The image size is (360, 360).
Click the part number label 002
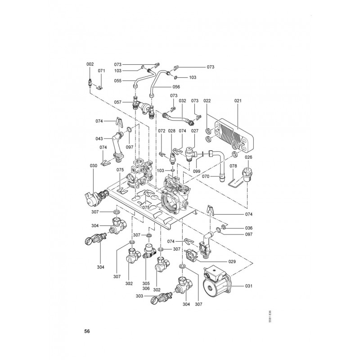click(x=90, y=64)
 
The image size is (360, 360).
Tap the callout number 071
click(x=101, y=71)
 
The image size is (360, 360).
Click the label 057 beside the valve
click(x=118, y=102)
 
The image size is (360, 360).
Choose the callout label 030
click(x=93, y=166)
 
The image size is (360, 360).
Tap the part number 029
click(x=232, y=261)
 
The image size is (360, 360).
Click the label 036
click(x=249, y=228)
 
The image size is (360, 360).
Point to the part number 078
click(x=233, y=166)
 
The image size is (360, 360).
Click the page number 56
click(x=87, y=332)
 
